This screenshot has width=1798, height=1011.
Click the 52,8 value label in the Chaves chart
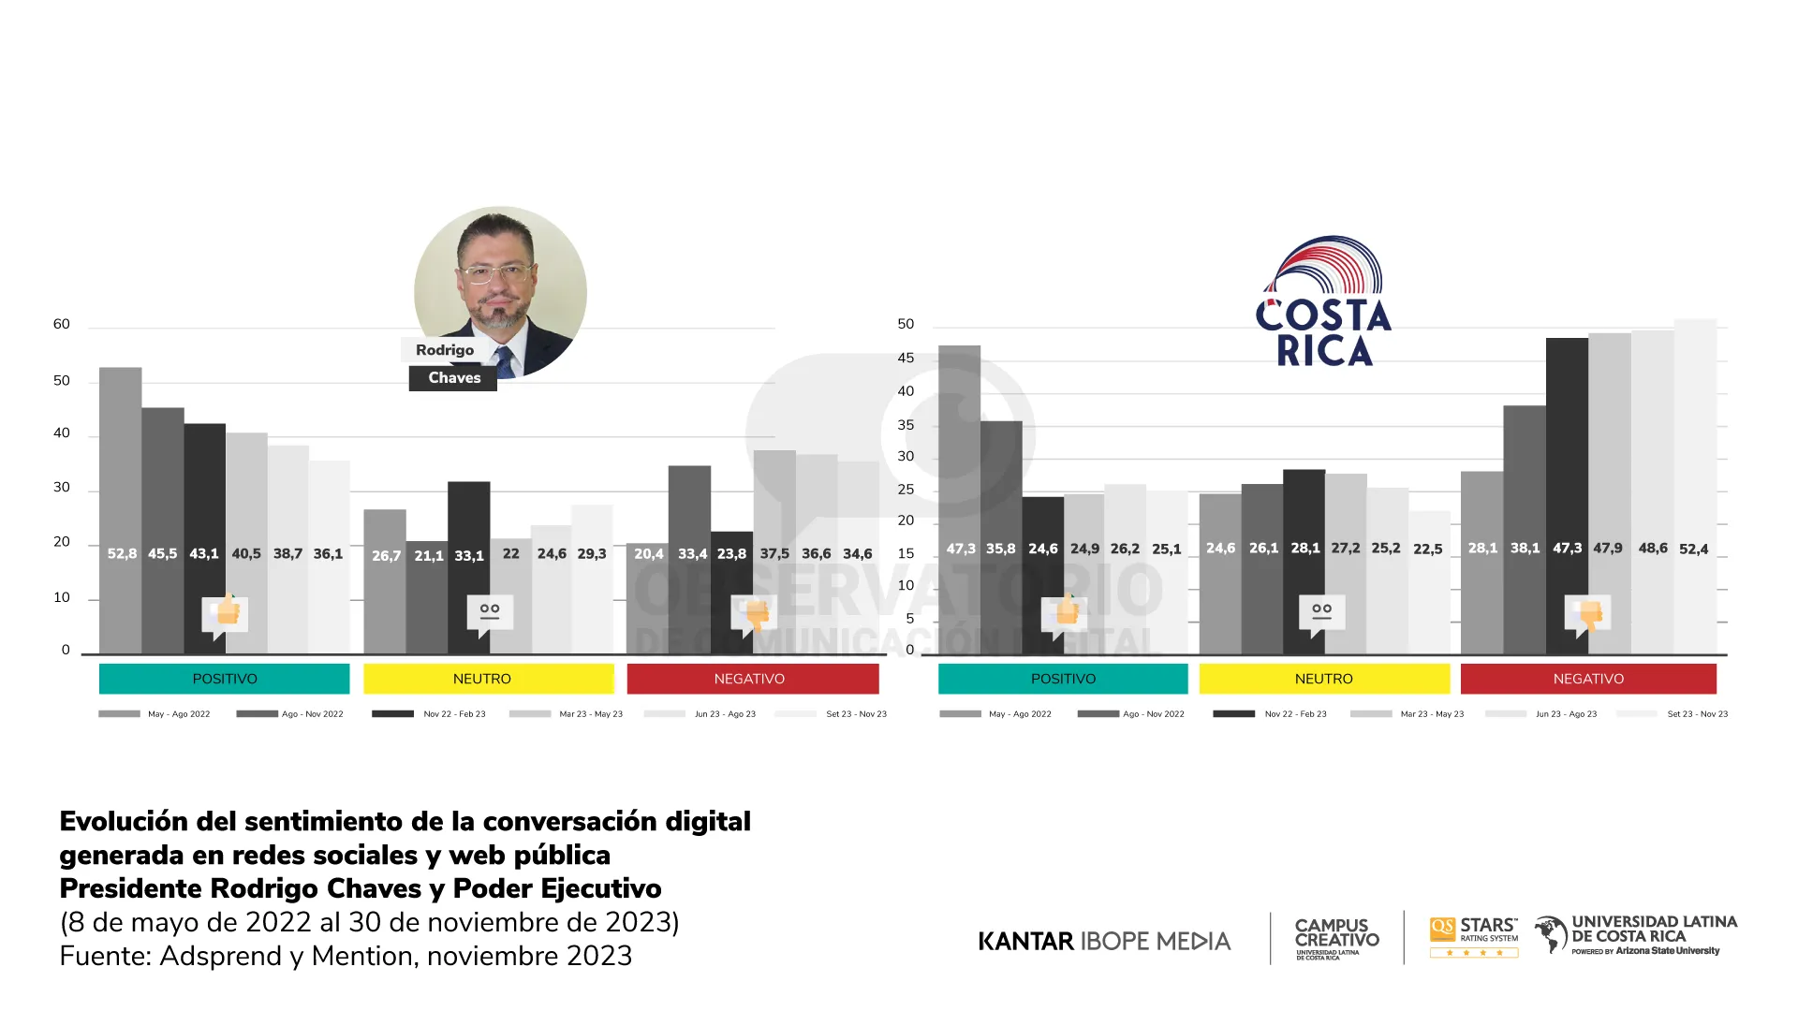coord(122,553)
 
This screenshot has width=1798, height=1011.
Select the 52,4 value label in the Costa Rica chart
coord(1693,549)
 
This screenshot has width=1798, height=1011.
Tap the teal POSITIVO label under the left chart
coord(224,679)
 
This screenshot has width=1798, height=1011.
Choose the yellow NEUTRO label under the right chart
coord(1323,679)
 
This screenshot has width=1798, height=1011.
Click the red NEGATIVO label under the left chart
coord(749,679)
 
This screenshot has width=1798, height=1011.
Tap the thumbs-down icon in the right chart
coord(1588,614)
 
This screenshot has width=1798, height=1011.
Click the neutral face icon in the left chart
coord(490,612)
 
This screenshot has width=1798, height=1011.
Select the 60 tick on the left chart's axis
coord(62,324)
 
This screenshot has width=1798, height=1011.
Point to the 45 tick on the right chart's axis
coord(906,358)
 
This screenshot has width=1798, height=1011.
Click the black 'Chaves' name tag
coord(453,378)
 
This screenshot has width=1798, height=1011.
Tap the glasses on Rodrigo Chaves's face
coord(494,273)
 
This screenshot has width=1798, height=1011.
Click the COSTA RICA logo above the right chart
coord(1323,301)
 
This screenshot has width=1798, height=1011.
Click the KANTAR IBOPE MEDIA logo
coord(1104,941)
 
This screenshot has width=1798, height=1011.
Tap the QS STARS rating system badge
coord(1473,937)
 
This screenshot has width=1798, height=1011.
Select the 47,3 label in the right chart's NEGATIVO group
coord(1567,548)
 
